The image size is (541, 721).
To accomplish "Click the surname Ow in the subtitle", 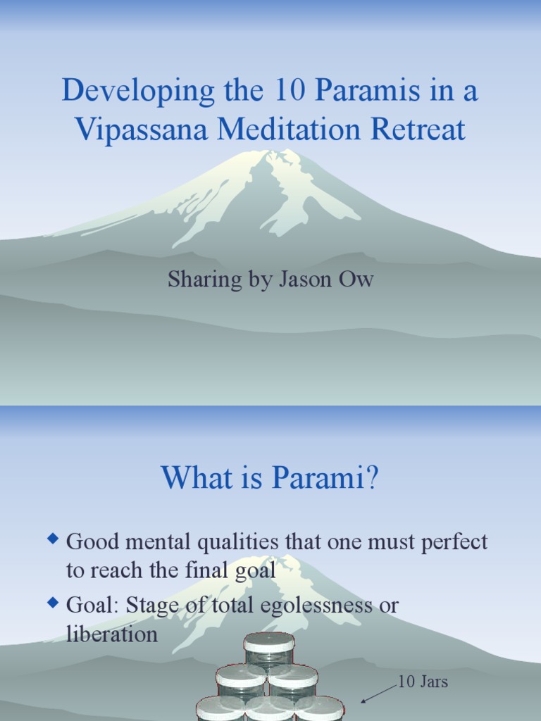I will pyautogui.click(x=358, y=280).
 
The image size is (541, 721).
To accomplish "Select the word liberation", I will pyautogui.click(x=112, y=634).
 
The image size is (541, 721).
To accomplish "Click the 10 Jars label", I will pyautogui.click(x=423, y=682).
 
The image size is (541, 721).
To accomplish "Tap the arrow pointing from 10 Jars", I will pyautogui.click(x=378, y=693).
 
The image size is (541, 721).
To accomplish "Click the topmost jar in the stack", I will pyautogui.click(x=269, y=648).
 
